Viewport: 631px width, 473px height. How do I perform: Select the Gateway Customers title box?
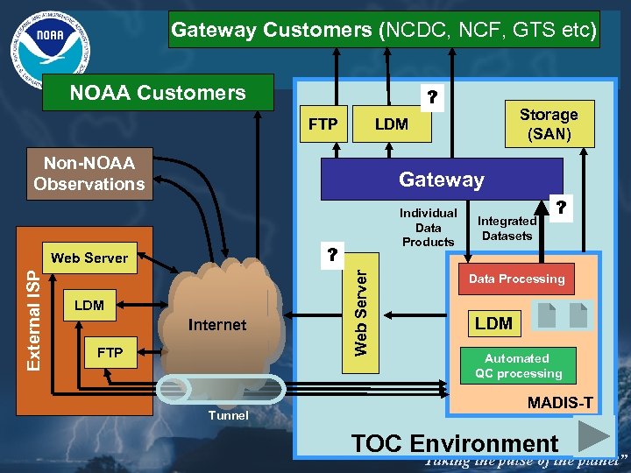coord(384,30)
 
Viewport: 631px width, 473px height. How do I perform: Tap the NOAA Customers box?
coord(159,93)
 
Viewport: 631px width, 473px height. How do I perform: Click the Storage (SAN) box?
coord(549,124)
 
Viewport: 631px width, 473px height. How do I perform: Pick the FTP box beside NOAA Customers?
coord(323,124)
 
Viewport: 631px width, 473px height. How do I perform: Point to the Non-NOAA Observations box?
coord(89,173)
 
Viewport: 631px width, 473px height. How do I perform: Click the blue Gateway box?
coord(442,180)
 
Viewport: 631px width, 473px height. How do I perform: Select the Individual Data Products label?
coord(428,227)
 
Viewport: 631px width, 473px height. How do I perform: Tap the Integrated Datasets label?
coord(507,228)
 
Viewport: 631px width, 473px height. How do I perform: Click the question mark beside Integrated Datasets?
coord(561,208)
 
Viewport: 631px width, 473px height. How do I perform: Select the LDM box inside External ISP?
coord(89,306)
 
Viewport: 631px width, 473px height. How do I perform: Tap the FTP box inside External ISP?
coord(110,353)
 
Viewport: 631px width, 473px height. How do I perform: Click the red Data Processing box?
coord(516,279)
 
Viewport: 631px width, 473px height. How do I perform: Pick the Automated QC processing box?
coord(517,365)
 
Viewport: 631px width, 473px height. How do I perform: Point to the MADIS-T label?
coord(559,403)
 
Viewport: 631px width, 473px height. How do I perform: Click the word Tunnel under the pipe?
coord(228,415)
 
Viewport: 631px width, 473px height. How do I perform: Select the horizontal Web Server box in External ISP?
coord(89,258)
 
